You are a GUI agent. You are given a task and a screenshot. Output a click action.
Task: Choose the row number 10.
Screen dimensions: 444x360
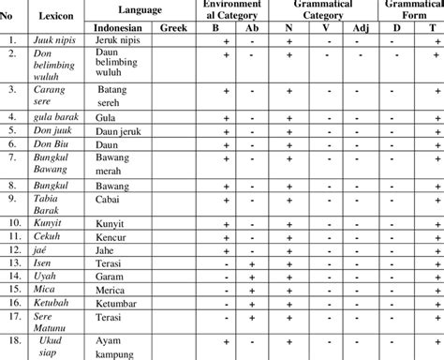pyautogui.click(x=13, y=225)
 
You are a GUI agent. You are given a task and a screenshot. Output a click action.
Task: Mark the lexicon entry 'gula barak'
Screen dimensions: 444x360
pyautogui.click(x=55, y=117)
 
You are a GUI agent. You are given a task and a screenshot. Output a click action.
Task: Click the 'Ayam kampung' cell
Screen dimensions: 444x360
pyautogui.click(x=118, y=348)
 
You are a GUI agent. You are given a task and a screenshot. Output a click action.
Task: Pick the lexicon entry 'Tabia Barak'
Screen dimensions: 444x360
pyautogui.click(x=52, y=205)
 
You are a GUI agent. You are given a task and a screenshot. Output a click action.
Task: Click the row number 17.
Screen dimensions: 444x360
pyautogui.click(x=13, y=319)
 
